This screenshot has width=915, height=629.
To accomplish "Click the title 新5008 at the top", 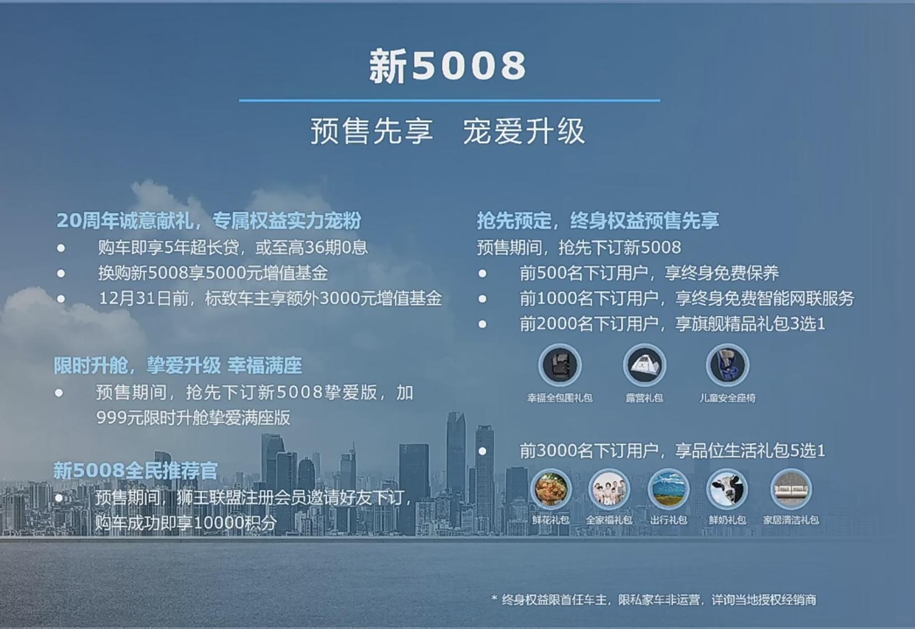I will pos(448,65).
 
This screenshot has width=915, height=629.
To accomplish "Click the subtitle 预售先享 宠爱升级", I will pos(448,131).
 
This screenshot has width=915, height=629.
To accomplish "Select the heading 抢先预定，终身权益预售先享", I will pos(598,221).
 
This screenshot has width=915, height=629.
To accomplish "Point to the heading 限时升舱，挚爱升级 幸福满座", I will pos(178,366).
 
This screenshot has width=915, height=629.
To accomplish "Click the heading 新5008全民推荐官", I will pos(135,470).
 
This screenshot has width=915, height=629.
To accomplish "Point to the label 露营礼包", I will pos(644,398).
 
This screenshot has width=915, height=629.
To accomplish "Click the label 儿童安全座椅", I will pos(727,398).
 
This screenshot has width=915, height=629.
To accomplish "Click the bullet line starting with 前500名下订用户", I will pos(648,273).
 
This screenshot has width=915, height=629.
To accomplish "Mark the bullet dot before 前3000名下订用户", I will pos(482,451).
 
